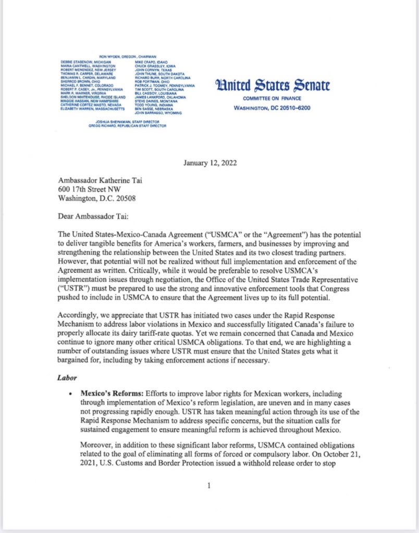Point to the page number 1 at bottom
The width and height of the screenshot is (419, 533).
point(208,486)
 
